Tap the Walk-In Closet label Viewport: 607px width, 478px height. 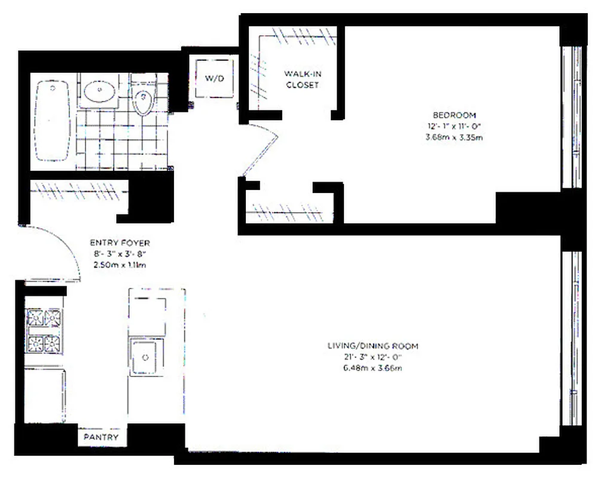click(x=302, y=79)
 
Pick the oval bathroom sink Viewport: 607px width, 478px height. click(x=99, y=92)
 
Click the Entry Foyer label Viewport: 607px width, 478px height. click(x=120, y=243)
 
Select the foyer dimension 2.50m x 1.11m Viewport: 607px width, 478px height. click(x=120, y=264)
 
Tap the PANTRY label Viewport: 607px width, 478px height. click(x=100, y=437)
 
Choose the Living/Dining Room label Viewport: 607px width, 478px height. click(x=372, y=346)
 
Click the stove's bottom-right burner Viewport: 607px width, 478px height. click(x=54, y=344)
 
